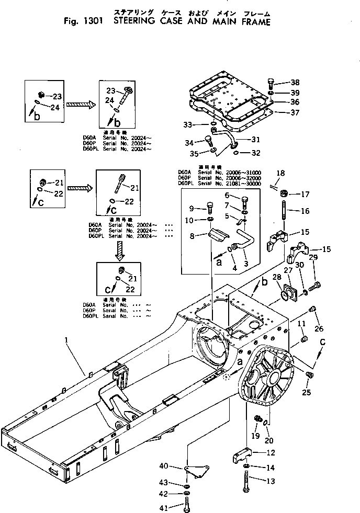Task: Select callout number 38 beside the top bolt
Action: (295, 82)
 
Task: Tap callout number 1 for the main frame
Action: (66, 340)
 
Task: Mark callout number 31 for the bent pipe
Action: (255, 139)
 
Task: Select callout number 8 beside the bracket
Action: (192, 236)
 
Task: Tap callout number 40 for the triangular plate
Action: (163, 466)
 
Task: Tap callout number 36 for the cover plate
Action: (295, 102)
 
